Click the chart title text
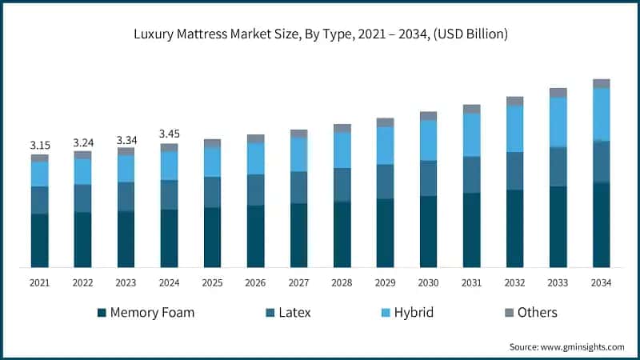320,34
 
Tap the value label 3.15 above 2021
40,145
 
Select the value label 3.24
83,142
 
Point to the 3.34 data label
126,140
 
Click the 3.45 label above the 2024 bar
170,134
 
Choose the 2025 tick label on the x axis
212,283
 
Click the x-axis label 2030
428,283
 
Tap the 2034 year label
601,283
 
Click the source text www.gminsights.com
566,346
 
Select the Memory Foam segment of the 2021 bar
40,240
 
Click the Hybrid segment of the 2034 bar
601,114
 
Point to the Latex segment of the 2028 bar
342,184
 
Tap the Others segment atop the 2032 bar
514,101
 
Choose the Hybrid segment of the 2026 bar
255,158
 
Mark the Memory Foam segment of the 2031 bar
471,230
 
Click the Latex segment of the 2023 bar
126,196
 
